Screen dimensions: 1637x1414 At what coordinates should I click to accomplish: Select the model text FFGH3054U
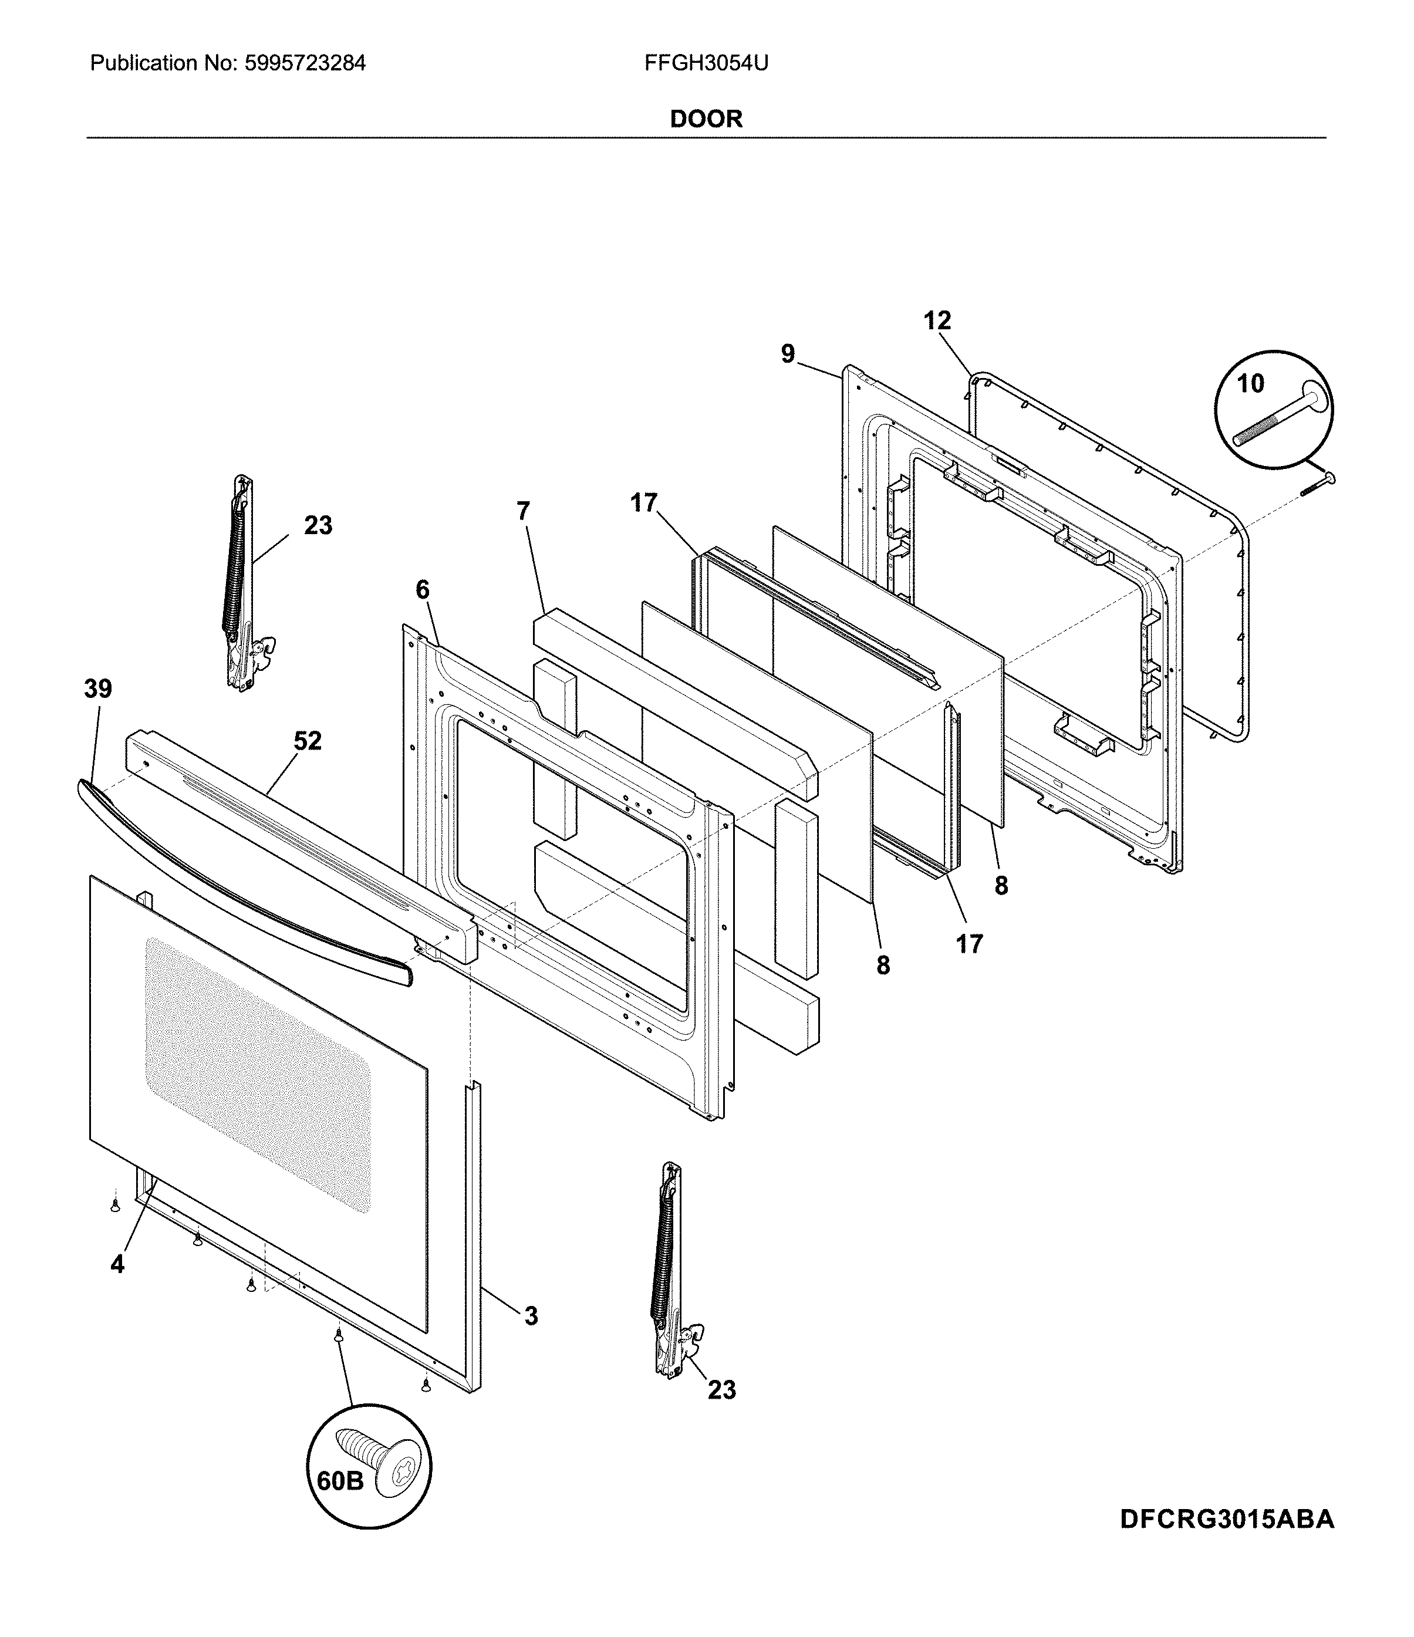tap(706, 63)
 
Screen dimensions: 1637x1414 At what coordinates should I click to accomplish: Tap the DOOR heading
tap(706, 119)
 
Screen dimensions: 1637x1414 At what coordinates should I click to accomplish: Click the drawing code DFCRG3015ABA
tap(1226, 1519)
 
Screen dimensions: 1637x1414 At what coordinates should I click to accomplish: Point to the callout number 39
tap(98, 689)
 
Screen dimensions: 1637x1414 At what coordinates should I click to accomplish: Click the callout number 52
tap(308, 741)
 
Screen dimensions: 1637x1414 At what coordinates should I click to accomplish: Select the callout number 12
tap(937, 320)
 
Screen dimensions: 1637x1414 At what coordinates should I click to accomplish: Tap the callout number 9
tap(788, 354)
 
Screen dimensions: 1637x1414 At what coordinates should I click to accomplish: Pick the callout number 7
tap(523, 511)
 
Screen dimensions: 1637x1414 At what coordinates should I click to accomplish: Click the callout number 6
tap(423, 589)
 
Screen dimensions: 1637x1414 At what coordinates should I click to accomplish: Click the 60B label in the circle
tap(340, 1480)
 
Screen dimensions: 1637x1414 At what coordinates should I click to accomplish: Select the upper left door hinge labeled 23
tap(241, 585)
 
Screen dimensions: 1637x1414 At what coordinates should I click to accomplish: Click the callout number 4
tap(117, 1265)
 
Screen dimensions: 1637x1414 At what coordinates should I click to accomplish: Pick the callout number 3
tap(531, 1317)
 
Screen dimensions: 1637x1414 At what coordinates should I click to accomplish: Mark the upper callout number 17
tap(644, 502)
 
